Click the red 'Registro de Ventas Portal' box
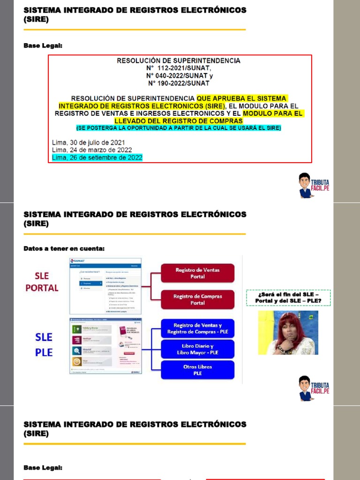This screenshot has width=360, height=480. click(x=197, y=273)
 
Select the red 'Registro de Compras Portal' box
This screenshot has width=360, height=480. click(x=197, y=300)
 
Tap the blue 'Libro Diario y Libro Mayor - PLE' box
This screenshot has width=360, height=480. click(x=197, y=349)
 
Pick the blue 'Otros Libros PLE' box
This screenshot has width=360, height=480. click(x=197, y=370)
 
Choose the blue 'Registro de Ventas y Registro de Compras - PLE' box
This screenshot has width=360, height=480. click(x=197, y=329)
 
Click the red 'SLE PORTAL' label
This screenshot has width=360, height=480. click(x=42, y=282)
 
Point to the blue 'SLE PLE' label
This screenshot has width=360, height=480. click(x=44, y=345)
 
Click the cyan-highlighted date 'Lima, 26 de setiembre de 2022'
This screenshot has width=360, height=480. click(x=97, y=157)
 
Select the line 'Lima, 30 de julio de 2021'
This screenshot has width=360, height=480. click(x=89, y=142)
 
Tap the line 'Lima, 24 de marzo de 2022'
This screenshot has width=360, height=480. click(x=92, y=150)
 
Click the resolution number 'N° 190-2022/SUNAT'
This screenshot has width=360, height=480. click(x=179, y=83)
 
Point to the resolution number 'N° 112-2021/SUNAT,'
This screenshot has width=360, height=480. click(x=179, y=68)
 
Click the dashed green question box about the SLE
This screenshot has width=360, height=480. click(x=288, y=298)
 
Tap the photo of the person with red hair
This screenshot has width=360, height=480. click(x=288, y=332)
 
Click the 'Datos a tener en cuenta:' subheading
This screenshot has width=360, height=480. click(x=64, y=248)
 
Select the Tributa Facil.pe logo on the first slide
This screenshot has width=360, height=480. click(x=314, y=185)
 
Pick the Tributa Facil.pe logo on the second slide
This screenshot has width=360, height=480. click(x=314, y=388)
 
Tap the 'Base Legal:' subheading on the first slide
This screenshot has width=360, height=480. click(x=43, y=45)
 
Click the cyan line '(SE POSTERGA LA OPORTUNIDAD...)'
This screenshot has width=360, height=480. click(x=179, y=128)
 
